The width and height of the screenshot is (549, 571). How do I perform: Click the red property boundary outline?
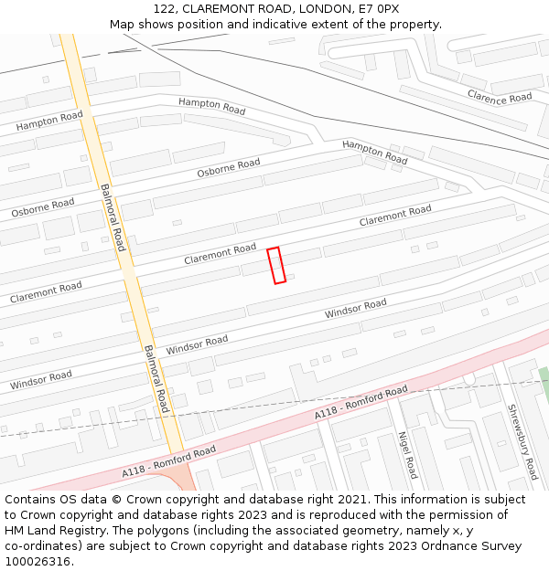pyautogui.click(x=276, y=265)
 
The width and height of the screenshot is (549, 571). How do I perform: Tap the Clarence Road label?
pyautogui.click(x=499, y=97)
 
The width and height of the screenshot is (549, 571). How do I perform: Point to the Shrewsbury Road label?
pyautogui.click(x=522, y=442)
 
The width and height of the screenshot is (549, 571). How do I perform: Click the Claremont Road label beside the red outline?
pyautogui.click(x=220, y=253)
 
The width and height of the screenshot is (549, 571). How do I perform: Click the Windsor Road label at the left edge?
pyautogui.click(x=41, y=380)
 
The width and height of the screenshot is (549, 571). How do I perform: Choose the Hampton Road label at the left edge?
pyautogui.click(x=48, y=120)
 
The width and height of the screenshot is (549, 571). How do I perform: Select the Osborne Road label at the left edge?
pyautogui.click(x=43, y=207)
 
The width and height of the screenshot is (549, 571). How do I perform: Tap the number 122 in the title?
pyautogui.click(x=165, y=8)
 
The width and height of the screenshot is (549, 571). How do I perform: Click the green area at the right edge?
pyautogui.click(x=544, y=381)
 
